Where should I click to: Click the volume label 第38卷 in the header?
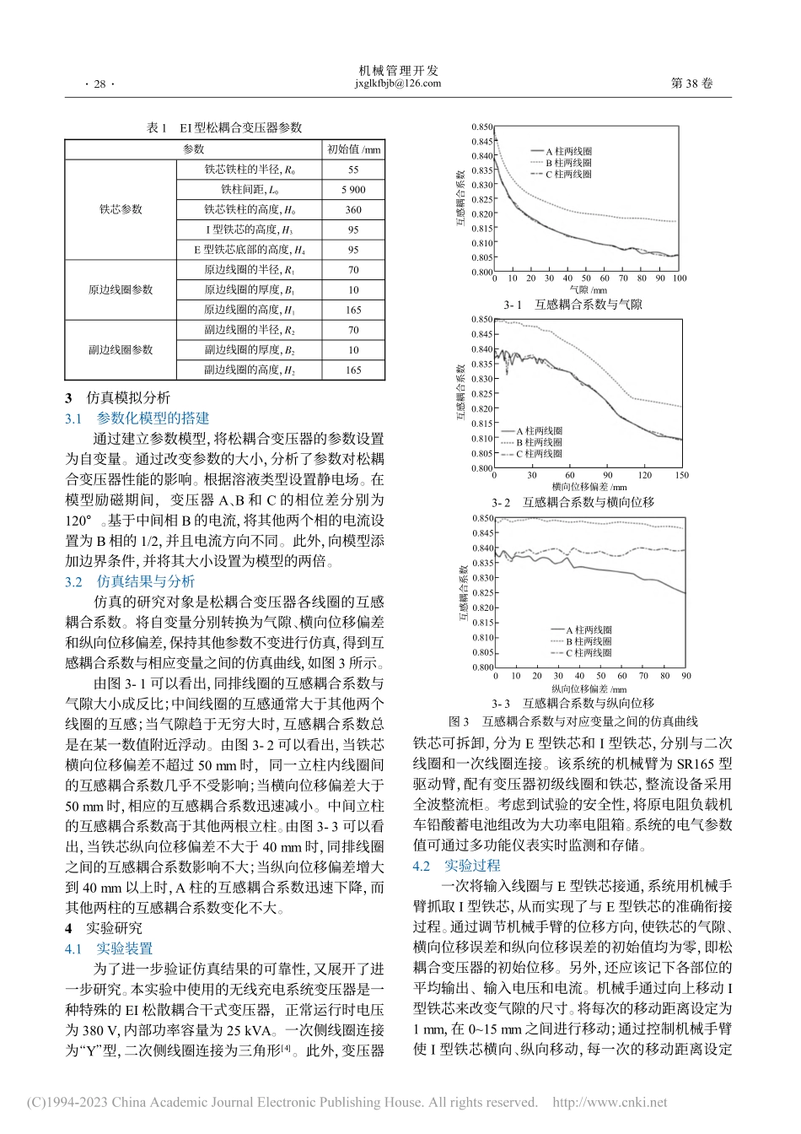pos(691,84)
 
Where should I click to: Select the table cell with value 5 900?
pos(353,190)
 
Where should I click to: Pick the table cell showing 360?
pos(353,210)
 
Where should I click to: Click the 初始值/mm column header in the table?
pos(353,149)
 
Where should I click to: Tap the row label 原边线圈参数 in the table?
pos(121,289)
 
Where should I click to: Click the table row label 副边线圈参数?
pos(121,349)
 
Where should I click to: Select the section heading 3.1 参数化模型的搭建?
pos(137,418)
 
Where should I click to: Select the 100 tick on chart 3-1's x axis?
pos(680,278)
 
